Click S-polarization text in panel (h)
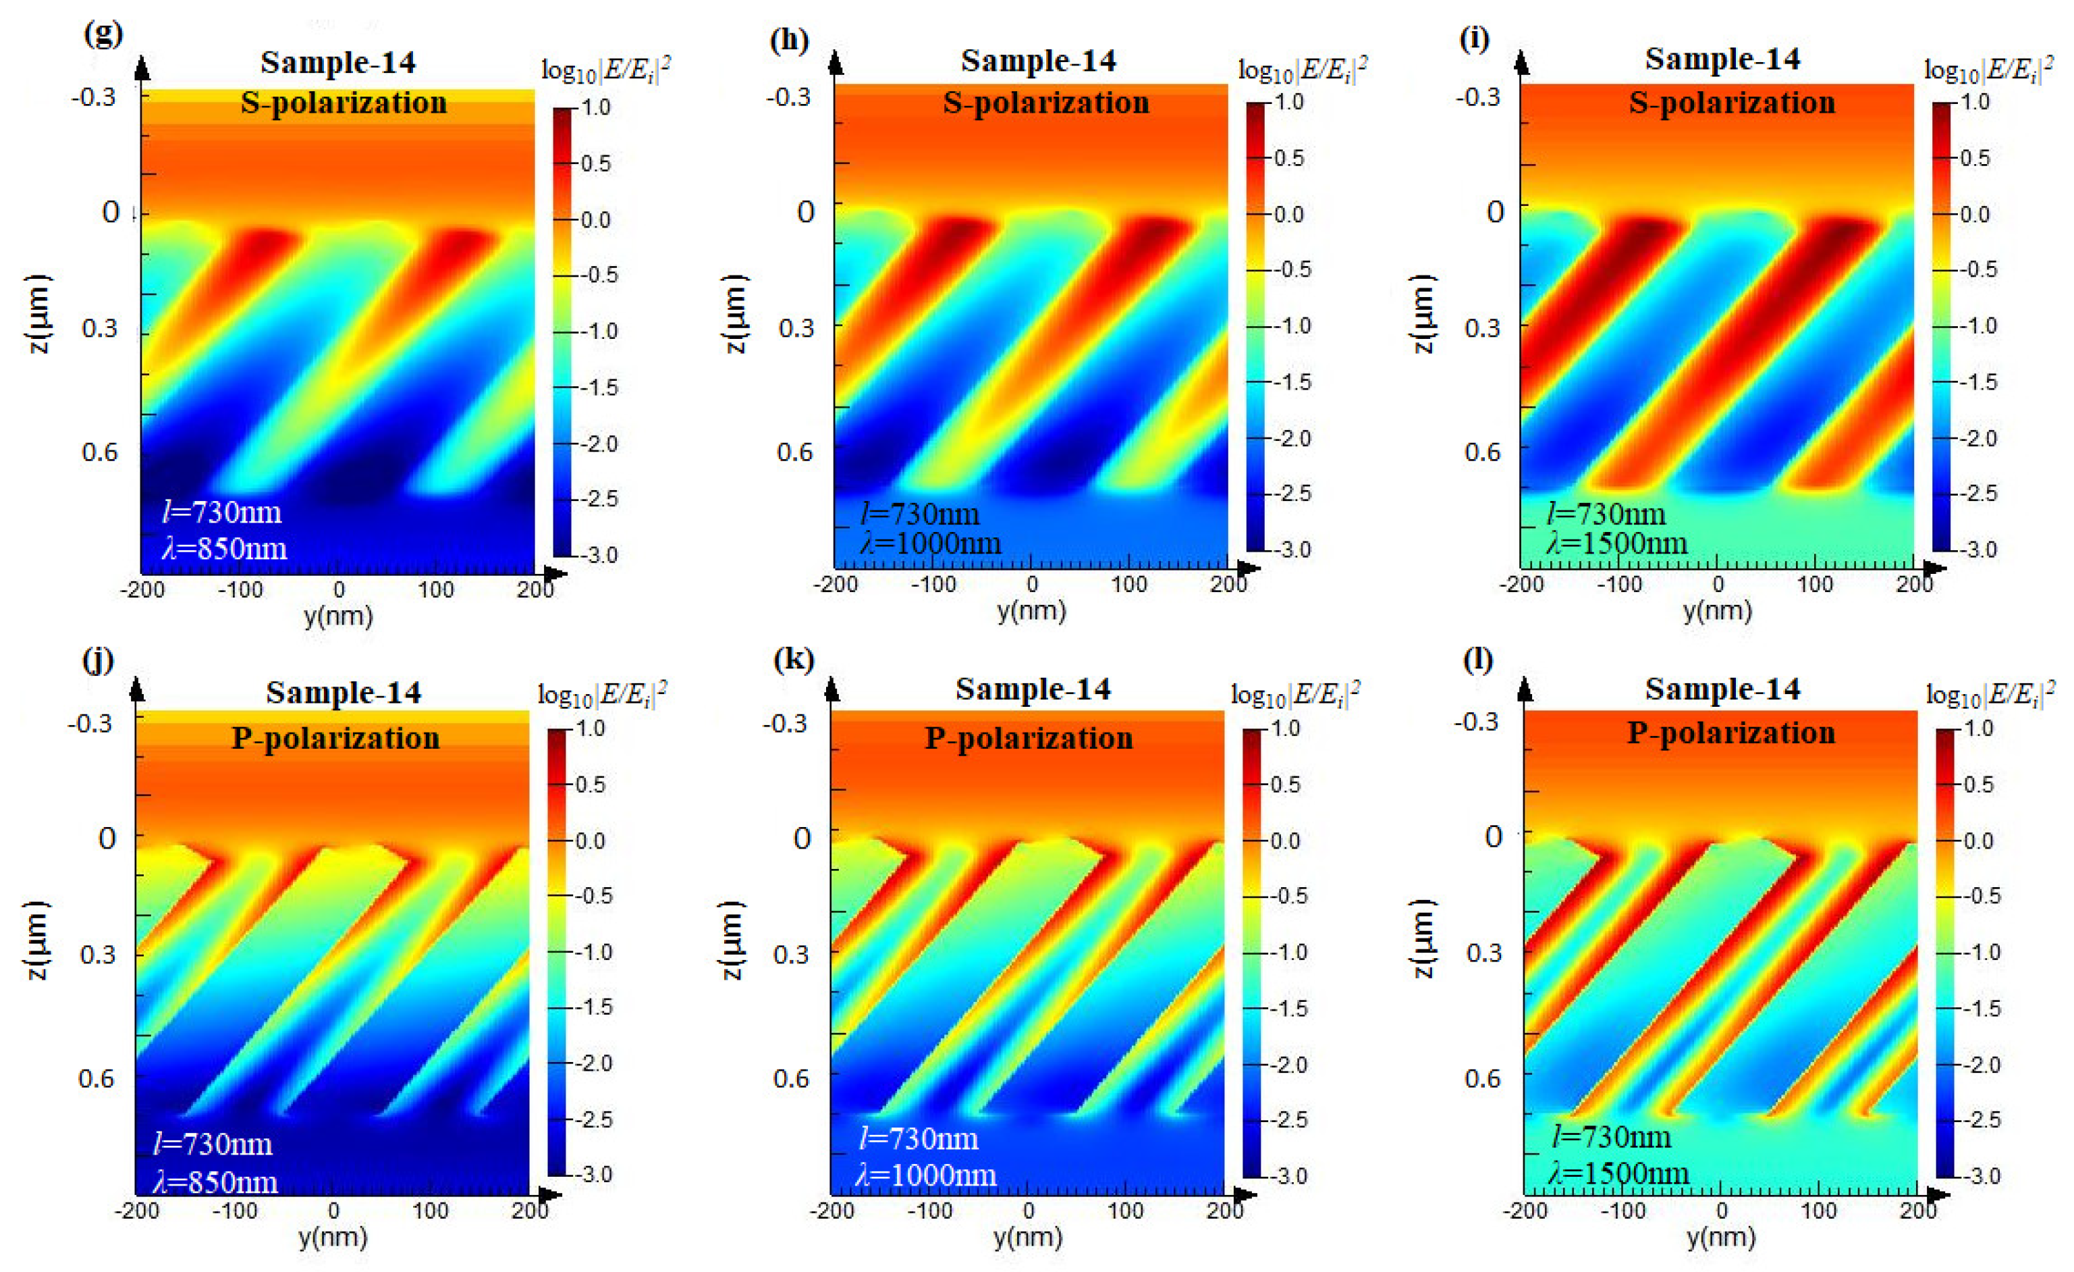tap(1045, 103)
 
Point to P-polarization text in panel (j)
tap(336, 738)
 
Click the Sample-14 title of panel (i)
tap(1722, 59)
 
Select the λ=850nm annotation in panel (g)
tap(224, 549)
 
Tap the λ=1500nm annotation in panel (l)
tap(1618, 1173)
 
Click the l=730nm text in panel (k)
tap(919, 1139)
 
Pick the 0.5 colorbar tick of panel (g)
tap(595, 163)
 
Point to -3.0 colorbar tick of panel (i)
tap(1978, 550)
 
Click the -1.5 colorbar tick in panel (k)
tap(1288, 1007)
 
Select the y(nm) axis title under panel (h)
tap(1031, 610)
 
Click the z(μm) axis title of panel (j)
tap(38, 940)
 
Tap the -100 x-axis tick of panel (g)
tap(240, 590)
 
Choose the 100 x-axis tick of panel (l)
tap(1818, 1211)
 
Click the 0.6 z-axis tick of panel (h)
tap(794, 452)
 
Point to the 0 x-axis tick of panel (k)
tap(1028, 1211)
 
